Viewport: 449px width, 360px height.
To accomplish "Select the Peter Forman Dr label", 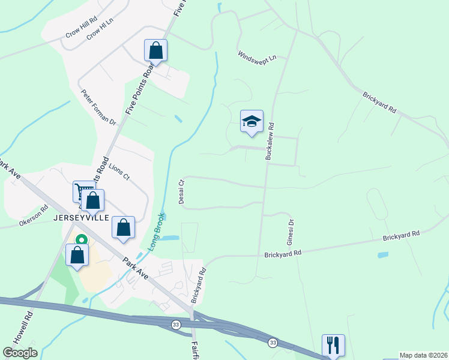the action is pyautogui.click(x=98, y=107).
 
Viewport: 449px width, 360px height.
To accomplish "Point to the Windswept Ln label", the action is pyautogui.click(x=256, y=57).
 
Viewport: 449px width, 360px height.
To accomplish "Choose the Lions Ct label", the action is pyautogui.click(x=119, y=170).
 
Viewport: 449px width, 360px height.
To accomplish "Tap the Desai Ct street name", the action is pyautogui.click(x=181, y=190).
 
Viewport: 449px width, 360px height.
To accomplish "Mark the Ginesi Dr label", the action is pyautogui.click(x=291, y=230).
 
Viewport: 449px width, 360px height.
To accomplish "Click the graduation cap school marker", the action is pyautogui.click(x=252, y=121).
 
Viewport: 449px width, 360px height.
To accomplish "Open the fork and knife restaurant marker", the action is pyautogui.click(x=333, y=345).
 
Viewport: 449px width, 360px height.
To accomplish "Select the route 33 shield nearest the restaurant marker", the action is pyautogui.click(x=273, y=342).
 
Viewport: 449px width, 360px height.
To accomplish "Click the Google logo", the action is pyautogui.click(x=20, y=353).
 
